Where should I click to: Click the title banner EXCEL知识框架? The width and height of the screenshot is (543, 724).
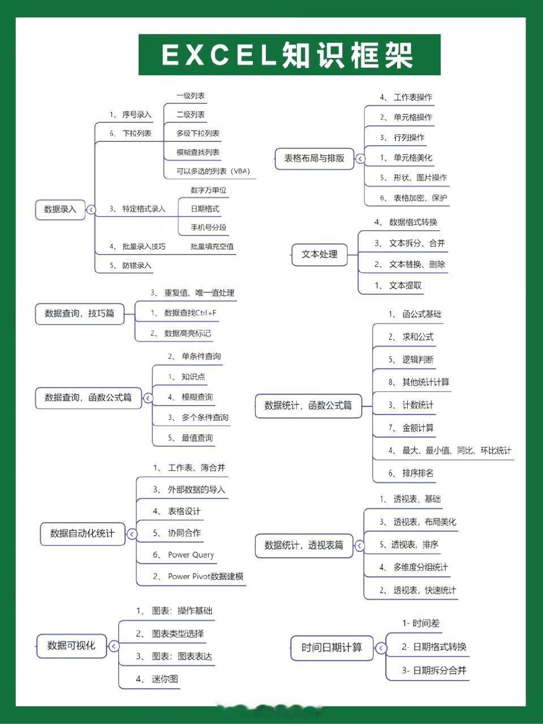pos(290,55)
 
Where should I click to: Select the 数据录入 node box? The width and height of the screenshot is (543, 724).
pos(61,209)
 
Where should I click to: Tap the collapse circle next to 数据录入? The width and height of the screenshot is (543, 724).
pos(91,209)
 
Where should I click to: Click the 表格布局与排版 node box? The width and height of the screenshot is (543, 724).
pos(314,158)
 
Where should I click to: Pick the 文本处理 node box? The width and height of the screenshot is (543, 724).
pos(320,255)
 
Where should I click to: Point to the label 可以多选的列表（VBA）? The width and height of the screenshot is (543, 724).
pos(213,171)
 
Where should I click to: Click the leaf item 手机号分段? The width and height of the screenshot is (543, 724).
pos(208,227)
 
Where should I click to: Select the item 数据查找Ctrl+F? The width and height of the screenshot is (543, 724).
pos(190,313)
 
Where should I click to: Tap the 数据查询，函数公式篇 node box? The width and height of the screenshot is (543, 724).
pos(88,398)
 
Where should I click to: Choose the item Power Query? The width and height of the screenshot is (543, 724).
pos(191,554)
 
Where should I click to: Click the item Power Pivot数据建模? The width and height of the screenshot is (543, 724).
pos(206,576)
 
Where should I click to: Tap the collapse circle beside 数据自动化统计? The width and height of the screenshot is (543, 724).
pos(132,534)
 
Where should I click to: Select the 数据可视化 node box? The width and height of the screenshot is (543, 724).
pos(71,646)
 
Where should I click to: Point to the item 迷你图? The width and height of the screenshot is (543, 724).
pos(165,679)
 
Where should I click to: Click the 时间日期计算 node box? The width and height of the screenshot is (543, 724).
pos(331,648)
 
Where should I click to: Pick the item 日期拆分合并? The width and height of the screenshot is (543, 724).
pos(439,670)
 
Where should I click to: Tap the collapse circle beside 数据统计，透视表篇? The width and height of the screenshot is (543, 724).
pos(359,546)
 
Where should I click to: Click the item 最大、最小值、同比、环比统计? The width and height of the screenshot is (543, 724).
pos(456,450)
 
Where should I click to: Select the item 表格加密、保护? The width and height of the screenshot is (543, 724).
pos(420,198)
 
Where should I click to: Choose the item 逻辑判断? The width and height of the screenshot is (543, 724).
pos(418,360)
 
